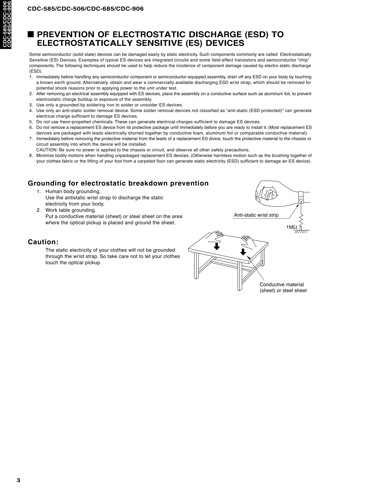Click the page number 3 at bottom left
click(x=18, y=480)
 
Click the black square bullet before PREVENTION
click(x=31, y=34)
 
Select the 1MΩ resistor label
click(x=291, y=227)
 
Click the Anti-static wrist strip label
click(x=256, y=215)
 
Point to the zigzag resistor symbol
click(x=302, y=221)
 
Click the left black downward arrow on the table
click(x=217, y=246)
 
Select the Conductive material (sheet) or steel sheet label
click(x=283, y=288)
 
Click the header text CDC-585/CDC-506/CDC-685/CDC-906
click(x=86, y=9)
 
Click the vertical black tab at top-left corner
click(x=5, y=24)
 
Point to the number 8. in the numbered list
click(x=31, y=155)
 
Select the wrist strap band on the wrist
click(x=301, y=197)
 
